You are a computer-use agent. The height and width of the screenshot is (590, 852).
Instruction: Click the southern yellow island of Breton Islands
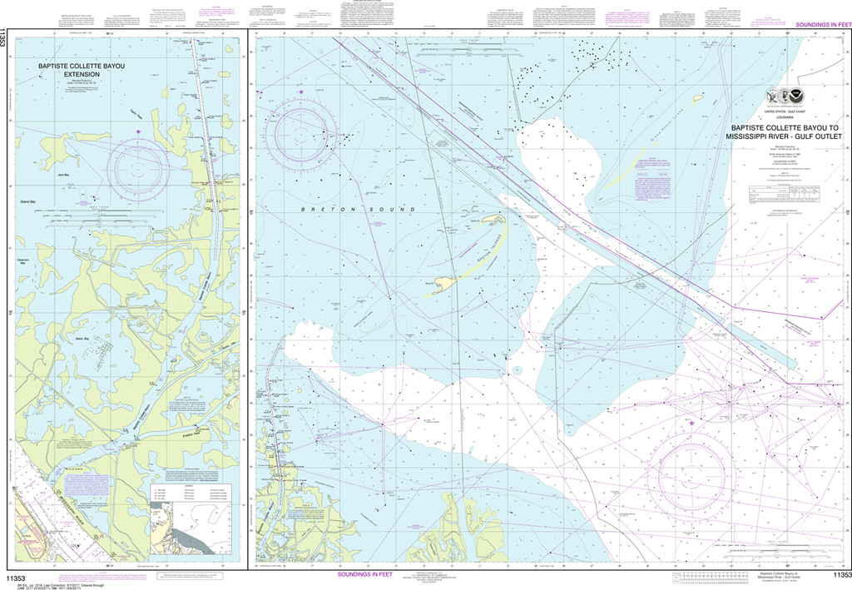443,284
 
